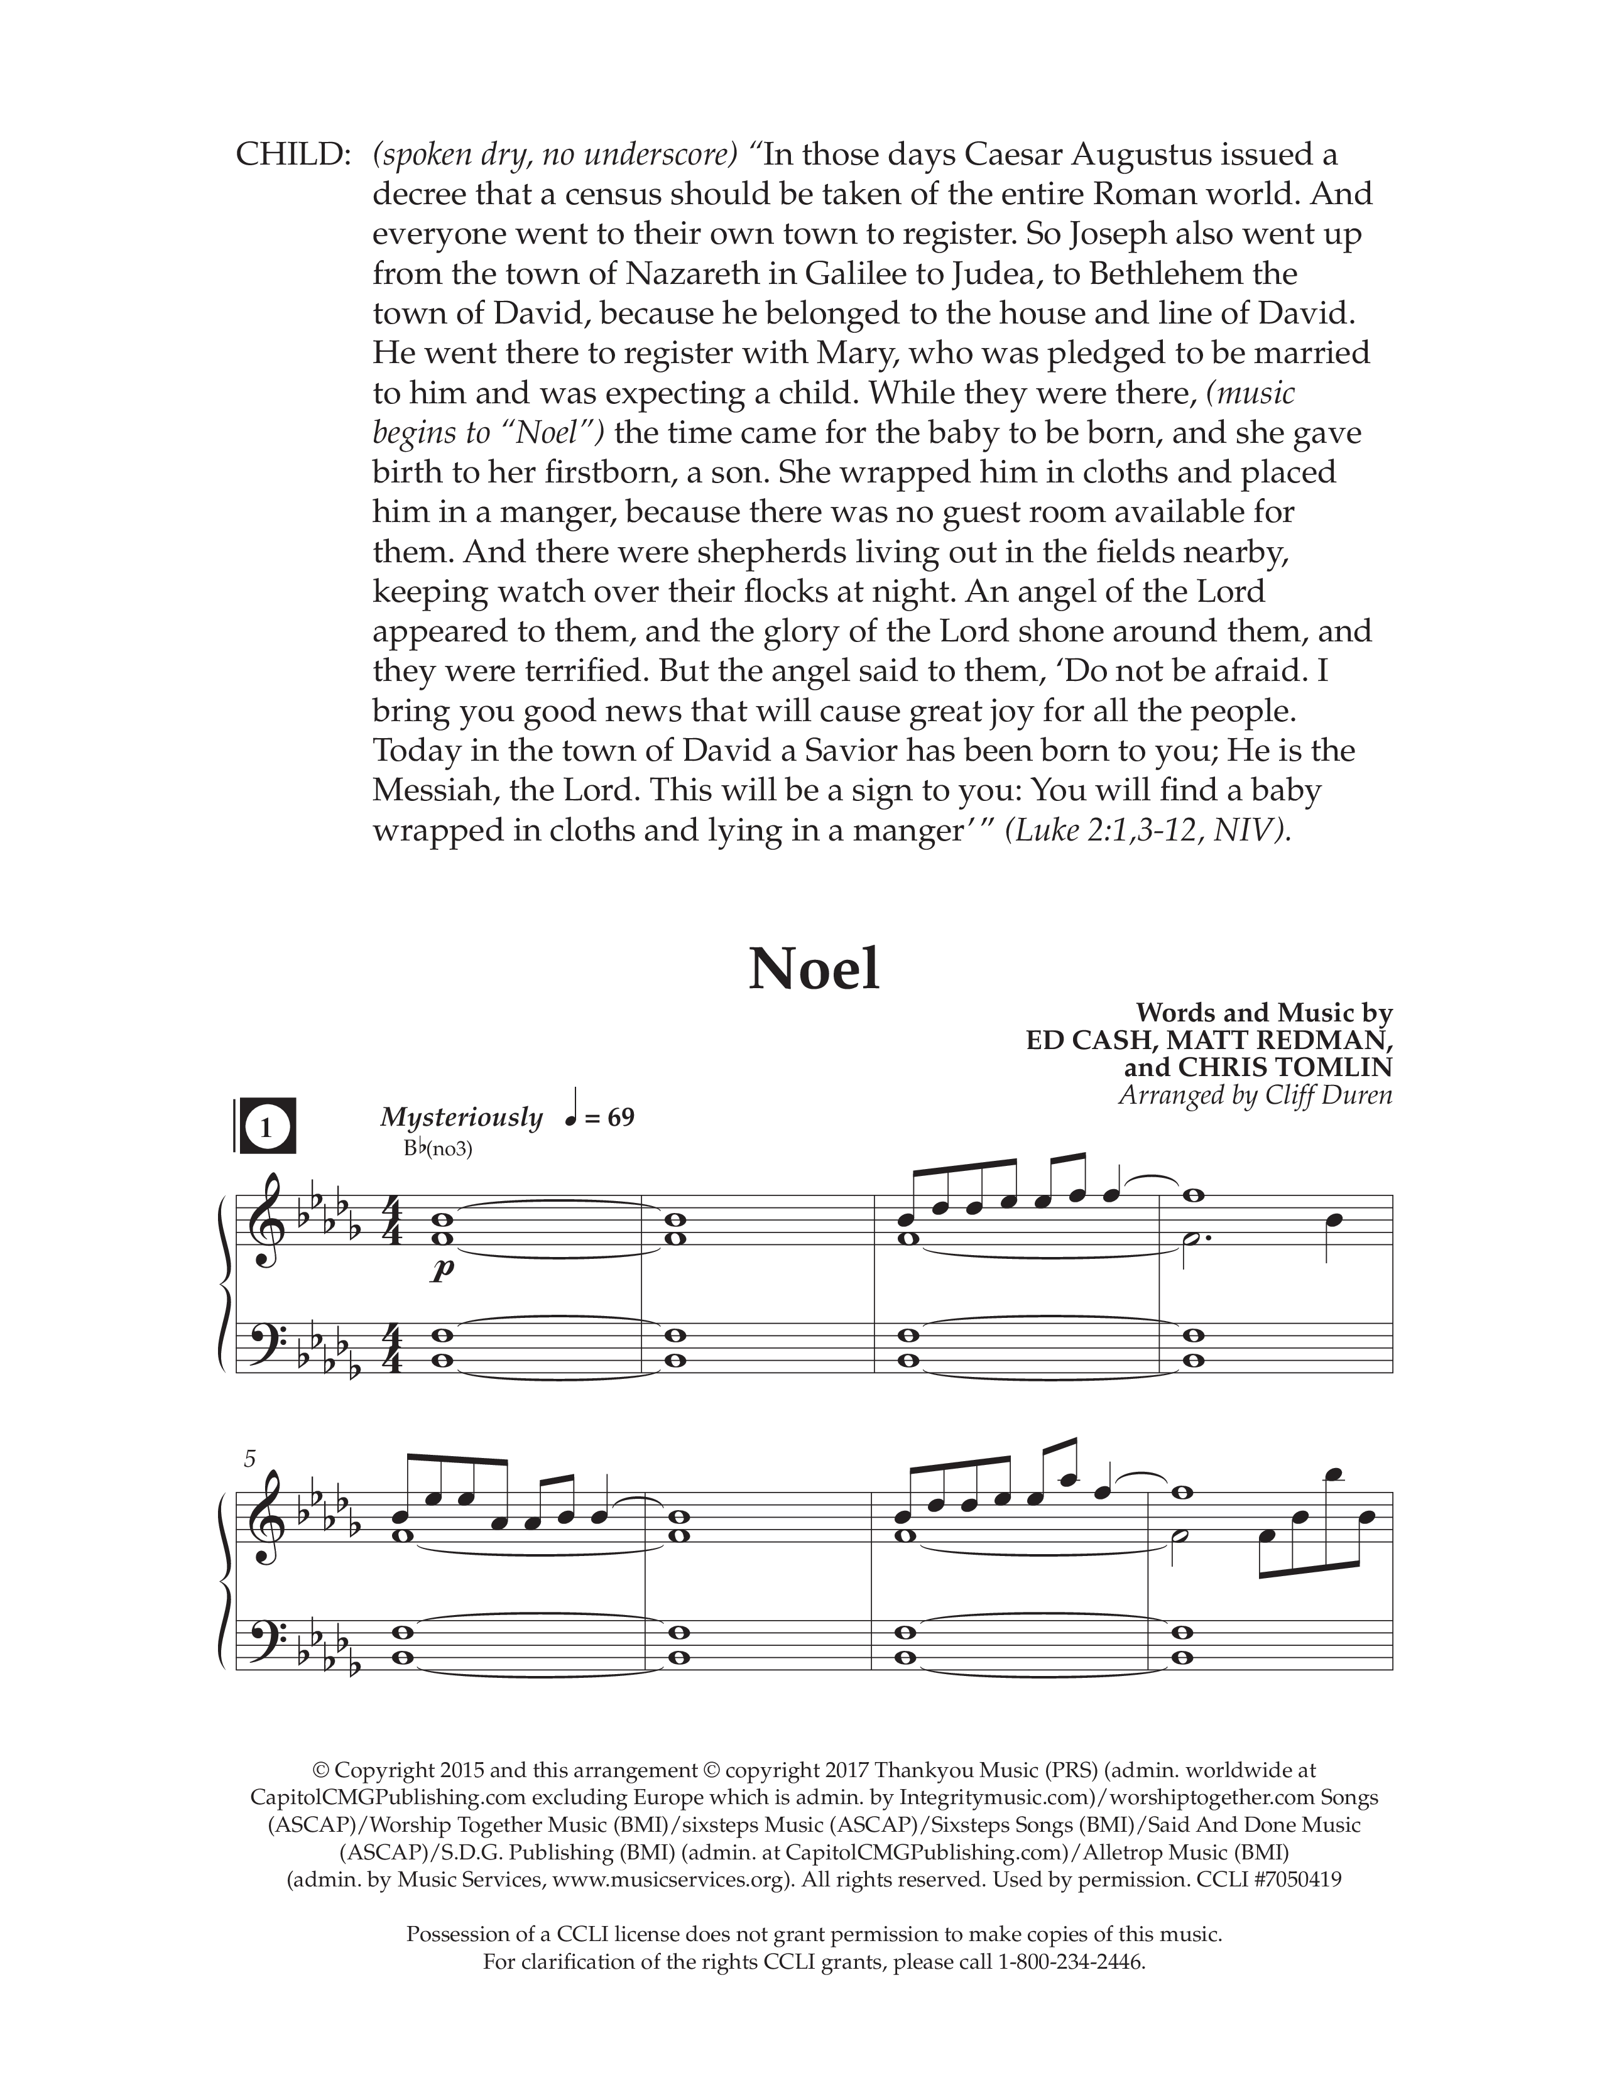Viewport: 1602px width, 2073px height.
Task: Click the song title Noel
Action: coord(814,969)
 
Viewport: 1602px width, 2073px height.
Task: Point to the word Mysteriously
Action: coord(461,1118)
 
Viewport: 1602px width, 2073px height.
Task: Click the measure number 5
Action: coord(249,1460)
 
